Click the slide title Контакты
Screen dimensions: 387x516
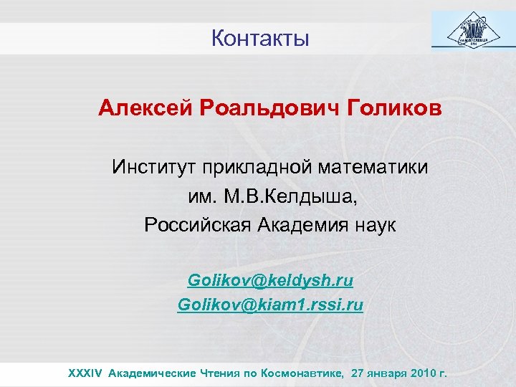click(260, 38)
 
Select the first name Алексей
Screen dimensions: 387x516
click(147, 109)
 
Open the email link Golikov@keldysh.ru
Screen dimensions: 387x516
click(270, 278)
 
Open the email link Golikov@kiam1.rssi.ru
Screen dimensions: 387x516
click(270, 305)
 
